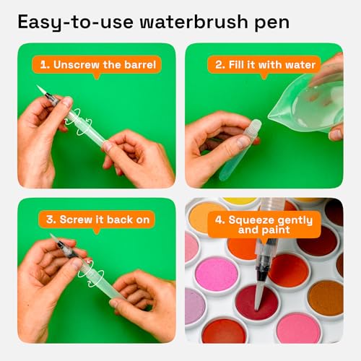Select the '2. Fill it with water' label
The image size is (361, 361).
266,64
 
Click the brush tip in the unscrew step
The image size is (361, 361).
42,91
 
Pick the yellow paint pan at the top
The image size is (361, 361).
238,201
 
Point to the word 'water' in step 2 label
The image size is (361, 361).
300,64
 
